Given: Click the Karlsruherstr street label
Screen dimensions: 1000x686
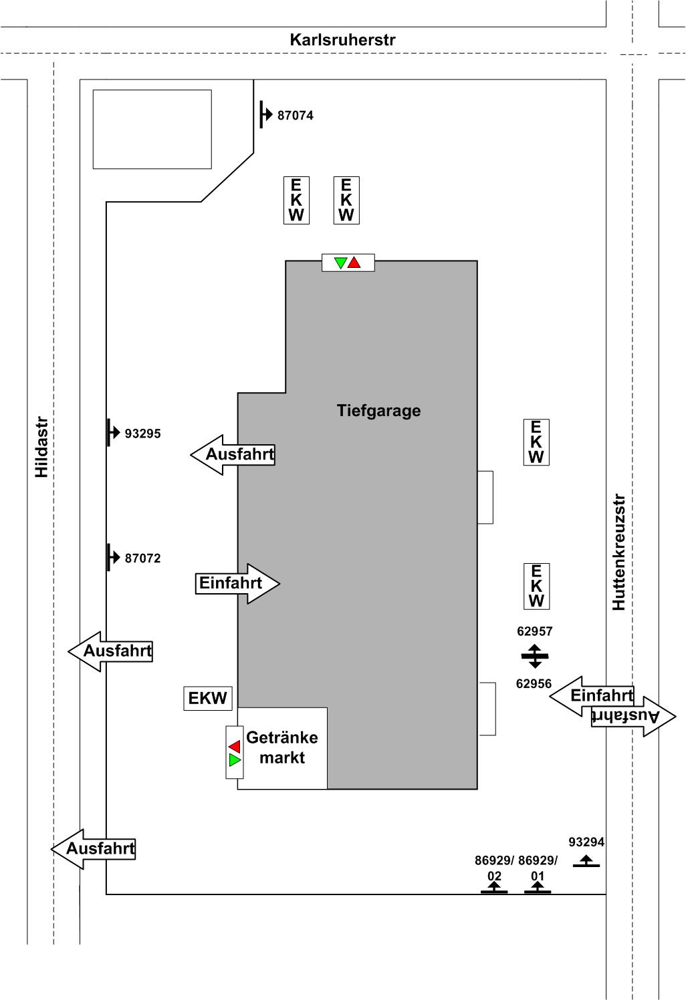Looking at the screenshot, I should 342,40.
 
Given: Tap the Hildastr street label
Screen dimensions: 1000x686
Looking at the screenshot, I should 42,448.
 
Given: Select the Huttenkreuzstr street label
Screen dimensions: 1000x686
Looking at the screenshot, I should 618,552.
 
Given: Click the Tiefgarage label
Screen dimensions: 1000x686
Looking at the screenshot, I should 378,410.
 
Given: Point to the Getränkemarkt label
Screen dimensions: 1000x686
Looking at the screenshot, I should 282,747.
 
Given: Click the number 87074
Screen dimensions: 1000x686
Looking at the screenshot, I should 296,116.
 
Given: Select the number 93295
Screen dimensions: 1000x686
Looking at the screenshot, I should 143,434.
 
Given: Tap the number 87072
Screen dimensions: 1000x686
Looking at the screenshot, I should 143,558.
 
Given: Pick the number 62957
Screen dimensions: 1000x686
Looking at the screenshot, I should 535,631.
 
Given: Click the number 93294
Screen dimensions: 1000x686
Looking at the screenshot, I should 586,842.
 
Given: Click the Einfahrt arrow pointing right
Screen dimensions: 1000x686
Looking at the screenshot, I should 237,583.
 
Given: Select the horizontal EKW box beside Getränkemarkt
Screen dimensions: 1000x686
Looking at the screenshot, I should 208,699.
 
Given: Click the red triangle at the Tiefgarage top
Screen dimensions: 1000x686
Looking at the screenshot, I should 354,263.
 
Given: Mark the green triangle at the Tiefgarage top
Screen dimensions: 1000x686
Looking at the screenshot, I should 340,263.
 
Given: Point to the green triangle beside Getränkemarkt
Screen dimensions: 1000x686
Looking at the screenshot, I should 234,760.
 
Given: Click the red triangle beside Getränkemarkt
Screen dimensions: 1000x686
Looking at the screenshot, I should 234,746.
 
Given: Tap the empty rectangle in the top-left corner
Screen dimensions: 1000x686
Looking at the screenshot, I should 152,129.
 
